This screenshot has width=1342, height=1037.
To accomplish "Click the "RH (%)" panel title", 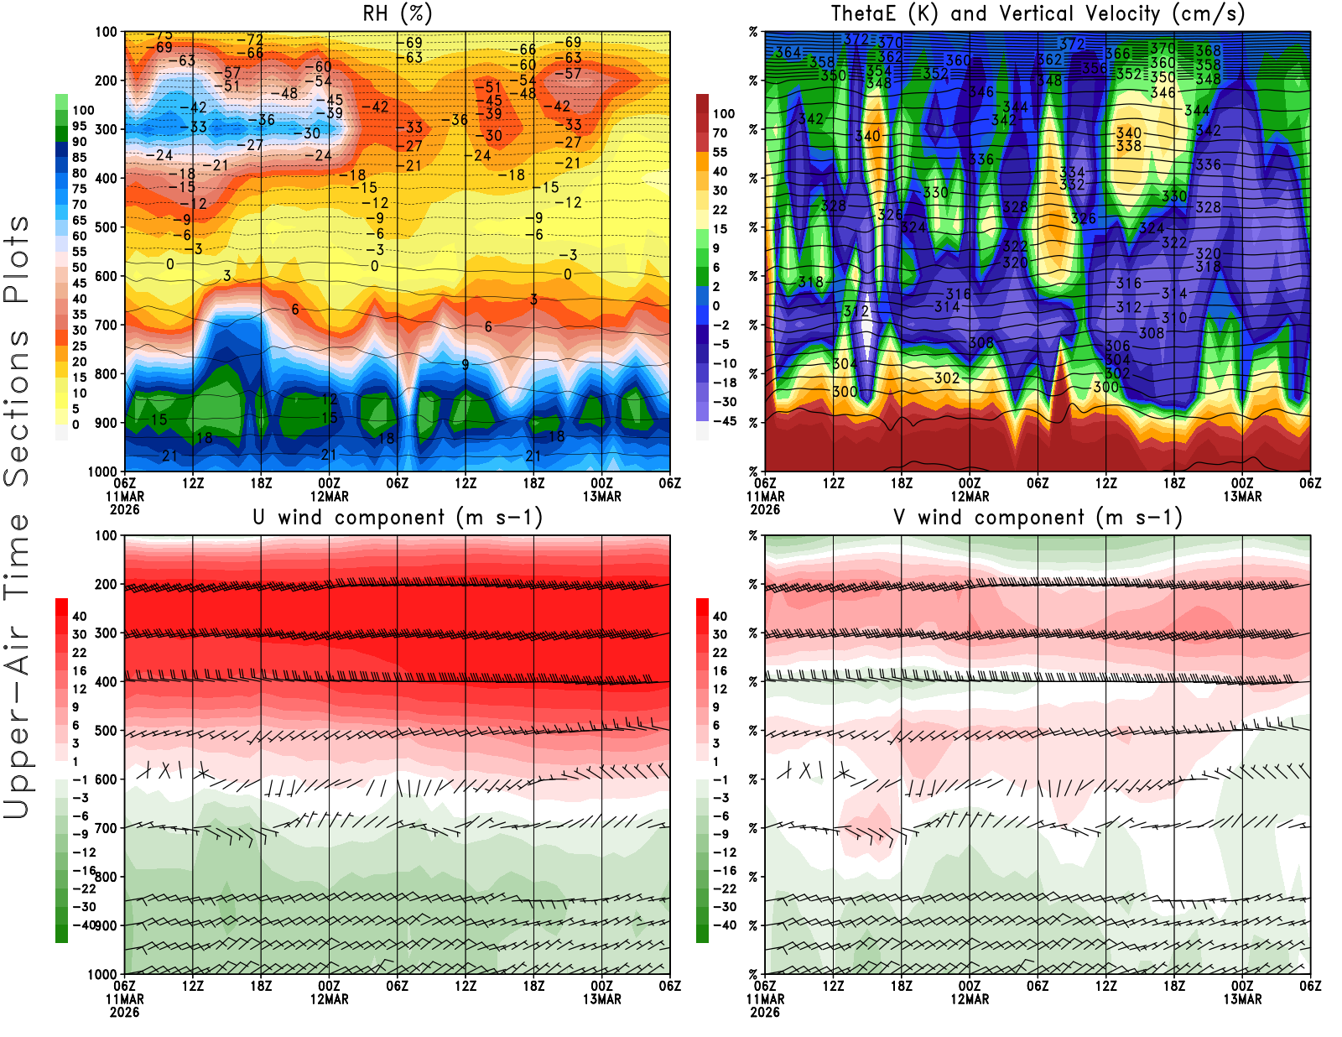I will click(x=397, y=13).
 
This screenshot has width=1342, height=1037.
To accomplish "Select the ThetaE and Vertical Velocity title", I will click(x=1038, y=13).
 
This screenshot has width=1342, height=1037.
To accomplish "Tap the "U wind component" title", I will click(x=397, y=517).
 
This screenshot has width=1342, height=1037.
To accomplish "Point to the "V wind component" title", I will click(x=1038, y=517).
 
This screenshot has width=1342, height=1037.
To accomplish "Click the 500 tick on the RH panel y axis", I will click(x=106, y=227).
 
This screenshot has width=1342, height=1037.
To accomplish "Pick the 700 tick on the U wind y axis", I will click(x=106, y=828).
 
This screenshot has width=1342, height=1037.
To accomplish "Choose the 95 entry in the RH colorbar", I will click(x=80, y=126).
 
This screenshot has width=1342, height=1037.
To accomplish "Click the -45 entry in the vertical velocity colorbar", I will click(x=725, y=421).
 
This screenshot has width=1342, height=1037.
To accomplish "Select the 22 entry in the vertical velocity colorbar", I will click(x=720, y=210).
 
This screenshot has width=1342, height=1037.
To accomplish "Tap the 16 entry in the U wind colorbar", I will click(x=80, y=671).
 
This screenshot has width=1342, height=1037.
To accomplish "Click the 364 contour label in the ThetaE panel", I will click(x=788, y=52).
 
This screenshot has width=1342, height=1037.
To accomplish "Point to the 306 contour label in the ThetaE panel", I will click(x=1117, y=346).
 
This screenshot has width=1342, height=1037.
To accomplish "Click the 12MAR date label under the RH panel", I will click(x=330, y=496).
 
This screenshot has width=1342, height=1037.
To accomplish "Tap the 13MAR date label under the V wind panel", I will click(x=1242, y=999).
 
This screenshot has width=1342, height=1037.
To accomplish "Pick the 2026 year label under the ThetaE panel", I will click(x=765, y=509).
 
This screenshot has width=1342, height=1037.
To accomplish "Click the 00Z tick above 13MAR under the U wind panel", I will click(x=601, y=986).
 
